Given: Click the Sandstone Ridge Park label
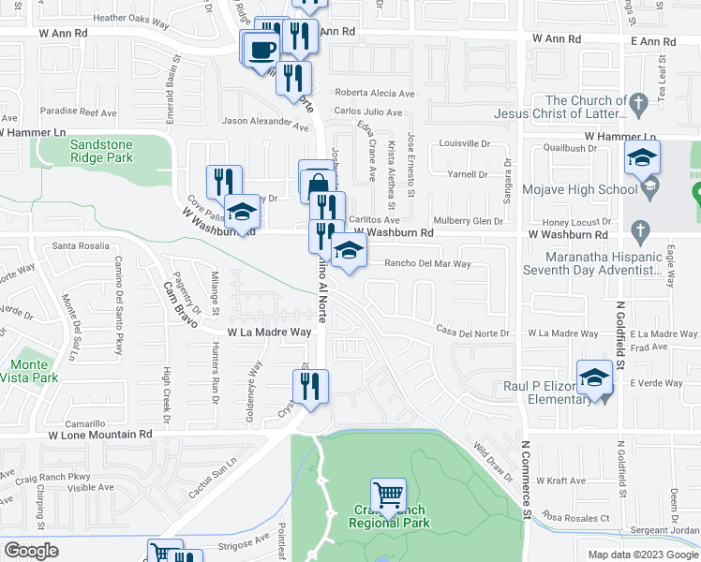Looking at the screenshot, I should (x=100, y=152).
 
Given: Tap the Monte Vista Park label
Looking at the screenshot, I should (x=34, y=371).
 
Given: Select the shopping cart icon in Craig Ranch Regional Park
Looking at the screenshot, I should (x=388, y=493).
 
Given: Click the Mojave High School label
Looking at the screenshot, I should (x=572, y=190).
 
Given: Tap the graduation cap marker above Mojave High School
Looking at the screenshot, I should (x=642, y=157).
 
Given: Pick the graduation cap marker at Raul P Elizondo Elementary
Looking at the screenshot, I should (x=594, y=377).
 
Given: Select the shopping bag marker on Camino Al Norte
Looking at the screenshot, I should (x=318, y=181).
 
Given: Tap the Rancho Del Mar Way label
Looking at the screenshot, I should (x=427, y=264).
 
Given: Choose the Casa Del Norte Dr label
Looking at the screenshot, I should (x=473, y=332).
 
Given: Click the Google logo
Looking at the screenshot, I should (x=31, y=551).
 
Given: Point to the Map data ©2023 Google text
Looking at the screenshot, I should (x=642, y=555).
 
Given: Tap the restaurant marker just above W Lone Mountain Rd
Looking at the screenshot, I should (x=309, y=385).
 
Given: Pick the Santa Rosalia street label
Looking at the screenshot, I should (x=82, y=246).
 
